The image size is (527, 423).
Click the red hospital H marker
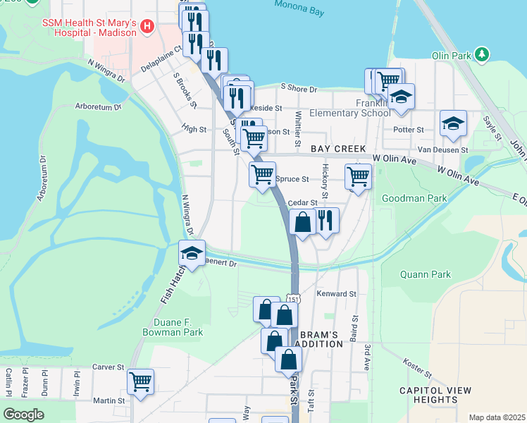[147, 27]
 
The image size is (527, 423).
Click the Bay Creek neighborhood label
[338, 149]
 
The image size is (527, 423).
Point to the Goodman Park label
[414, 198]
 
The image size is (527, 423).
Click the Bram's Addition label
[320, 338]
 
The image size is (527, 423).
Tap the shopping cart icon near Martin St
[140, 381]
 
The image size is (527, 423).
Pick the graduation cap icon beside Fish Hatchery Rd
[191, 254]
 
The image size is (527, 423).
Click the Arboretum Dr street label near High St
[98, 107]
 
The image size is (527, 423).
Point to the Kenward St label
[337, 293]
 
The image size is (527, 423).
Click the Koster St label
[417, 367]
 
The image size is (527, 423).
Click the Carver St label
[108, 367]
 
